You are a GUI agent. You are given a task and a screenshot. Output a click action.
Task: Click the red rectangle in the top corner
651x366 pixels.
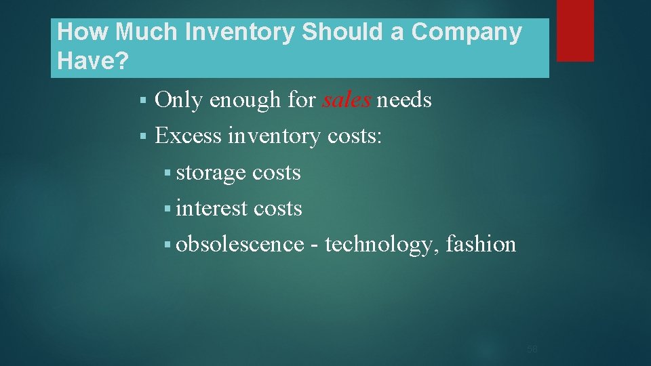pyautogui.click(x=575, y=30)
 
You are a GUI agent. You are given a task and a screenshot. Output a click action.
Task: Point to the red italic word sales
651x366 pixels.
pyautogui.click(x=346, y=100)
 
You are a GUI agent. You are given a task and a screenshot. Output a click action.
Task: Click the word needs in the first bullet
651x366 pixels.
pyautogui.click(x=404, y=100)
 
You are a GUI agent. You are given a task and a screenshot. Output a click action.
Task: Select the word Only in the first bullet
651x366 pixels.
pyautogui.click(x=179, y=100)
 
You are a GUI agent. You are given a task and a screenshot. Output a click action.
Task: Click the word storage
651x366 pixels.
pyautogui.click(x=210, y=173)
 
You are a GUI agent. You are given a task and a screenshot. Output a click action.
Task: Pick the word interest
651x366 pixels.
pyautogui.click(x=211, y=208)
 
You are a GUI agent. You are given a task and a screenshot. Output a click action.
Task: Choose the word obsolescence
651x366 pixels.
pyautogui.click(x=240, y=243)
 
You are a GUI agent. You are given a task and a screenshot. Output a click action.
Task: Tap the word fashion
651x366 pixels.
pyautogui.click(x=481, y=243)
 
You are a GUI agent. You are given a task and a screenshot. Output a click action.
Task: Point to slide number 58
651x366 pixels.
pyautogui.click(x=532, y=349)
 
